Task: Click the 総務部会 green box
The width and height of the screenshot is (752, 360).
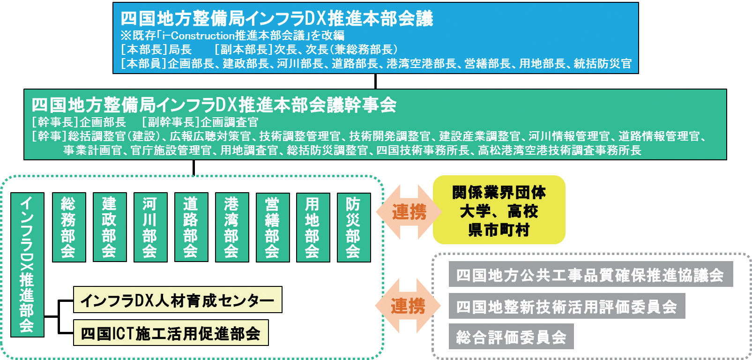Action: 69,227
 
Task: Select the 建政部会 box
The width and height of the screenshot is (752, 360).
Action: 110,227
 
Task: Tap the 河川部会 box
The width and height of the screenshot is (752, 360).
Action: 150,227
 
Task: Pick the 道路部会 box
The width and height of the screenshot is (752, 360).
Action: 191,227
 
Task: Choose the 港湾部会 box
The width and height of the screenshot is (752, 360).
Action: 232,227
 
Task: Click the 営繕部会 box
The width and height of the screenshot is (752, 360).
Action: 273,227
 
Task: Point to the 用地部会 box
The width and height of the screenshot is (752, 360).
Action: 313,227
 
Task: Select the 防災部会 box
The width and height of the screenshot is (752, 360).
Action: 354,227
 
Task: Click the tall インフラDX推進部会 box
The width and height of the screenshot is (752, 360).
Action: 27,265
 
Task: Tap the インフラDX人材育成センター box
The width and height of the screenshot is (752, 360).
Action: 178,300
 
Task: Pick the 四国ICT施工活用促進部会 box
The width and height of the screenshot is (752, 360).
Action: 171,332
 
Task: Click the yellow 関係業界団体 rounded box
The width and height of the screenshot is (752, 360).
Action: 499,210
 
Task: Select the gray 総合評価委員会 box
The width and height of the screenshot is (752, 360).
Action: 511,337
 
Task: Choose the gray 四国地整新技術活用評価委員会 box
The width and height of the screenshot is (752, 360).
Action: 566,306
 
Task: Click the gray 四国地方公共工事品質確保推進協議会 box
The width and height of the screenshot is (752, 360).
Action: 591,274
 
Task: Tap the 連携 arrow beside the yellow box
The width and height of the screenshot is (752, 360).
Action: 409,212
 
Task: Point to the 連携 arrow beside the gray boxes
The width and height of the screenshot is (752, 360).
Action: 408,306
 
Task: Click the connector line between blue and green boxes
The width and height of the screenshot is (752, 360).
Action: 375,81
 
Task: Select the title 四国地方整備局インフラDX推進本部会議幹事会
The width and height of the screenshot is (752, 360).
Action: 214,105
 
